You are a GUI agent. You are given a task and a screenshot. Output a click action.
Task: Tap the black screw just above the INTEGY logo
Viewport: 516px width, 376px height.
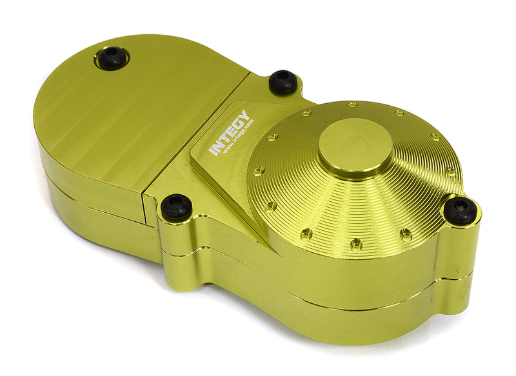coord(283,81)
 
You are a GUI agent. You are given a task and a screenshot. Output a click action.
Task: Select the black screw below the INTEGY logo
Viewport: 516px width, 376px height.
coord(176,206)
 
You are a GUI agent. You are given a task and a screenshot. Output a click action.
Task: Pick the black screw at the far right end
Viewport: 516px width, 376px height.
coord(461,210)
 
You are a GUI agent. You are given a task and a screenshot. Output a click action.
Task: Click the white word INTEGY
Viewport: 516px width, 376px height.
coord(230,133)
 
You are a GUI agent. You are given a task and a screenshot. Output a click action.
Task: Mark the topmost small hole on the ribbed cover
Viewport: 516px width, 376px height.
coord(352,104)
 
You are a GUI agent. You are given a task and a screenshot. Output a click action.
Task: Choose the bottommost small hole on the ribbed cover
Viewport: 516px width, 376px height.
coord(356,244)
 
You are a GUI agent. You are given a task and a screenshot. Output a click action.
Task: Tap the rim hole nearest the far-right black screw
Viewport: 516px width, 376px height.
coord(451,172)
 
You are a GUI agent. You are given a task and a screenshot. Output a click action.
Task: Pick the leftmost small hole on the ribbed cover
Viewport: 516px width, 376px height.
coord(259,172)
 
